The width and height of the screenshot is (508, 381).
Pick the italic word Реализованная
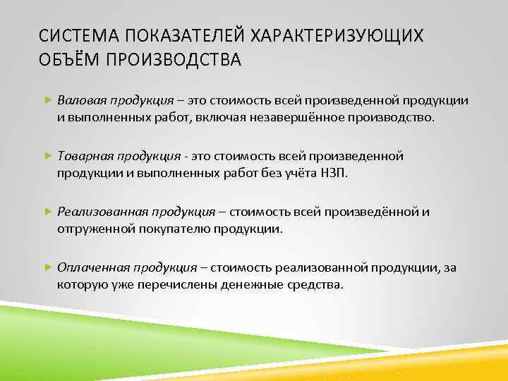[x=99, y=212]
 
